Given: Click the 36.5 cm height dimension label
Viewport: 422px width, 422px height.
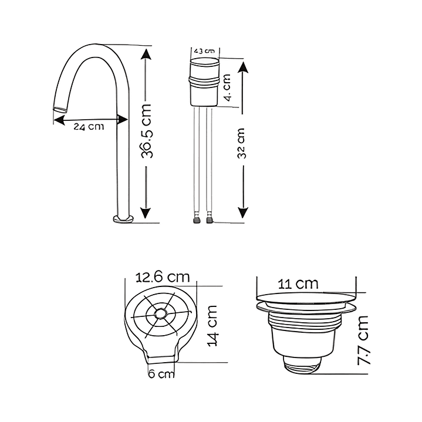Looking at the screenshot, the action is coord(147,131).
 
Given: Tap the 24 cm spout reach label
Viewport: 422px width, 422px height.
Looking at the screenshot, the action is coord(89,127).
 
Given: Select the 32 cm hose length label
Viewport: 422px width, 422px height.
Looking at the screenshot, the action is coord(241,143).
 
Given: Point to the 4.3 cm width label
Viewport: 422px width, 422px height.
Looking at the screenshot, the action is coord(204,51).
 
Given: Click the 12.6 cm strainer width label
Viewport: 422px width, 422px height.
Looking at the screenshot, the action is coord(163,277).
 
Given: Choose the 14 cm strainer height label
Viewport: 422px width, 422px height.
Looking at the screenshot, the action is coord(212,326).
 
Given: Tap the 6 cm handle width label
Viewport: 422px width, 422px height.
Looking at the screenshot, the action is coord(161,374).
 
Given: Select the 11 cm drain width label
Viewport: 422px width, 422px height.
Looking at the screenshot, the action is coord(298,283).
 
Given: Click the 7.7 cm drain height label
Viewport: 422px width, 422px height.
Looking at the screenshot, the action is coord(363,340).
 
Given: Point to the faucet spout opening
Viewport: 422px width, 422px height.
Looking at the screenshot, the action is coord(60,110).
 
